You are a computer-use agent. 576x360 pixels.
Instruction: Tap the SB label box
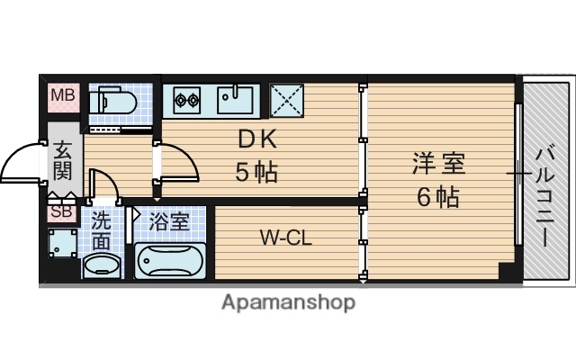(60, 212)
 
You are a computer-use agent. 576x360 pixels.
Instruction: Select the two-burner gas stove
(187, 99)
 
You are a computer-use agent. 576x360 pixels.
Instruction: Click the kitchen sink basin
(236, 98)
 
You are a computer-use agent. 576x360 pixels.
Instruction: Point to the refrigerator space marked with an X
(286, 99)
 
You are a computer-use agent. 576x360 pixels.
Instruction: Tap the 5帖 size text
(255, 172)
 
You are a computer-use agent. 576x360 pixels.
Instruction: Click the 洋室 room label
(438, 165)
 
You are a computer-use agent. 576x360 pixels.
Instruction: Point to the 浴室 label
(169, 221)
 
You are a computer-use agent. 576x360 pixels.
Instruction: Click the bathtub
(170, 261)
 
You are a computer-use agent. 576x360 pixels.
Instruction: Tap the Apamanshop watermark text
(288, 301)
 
